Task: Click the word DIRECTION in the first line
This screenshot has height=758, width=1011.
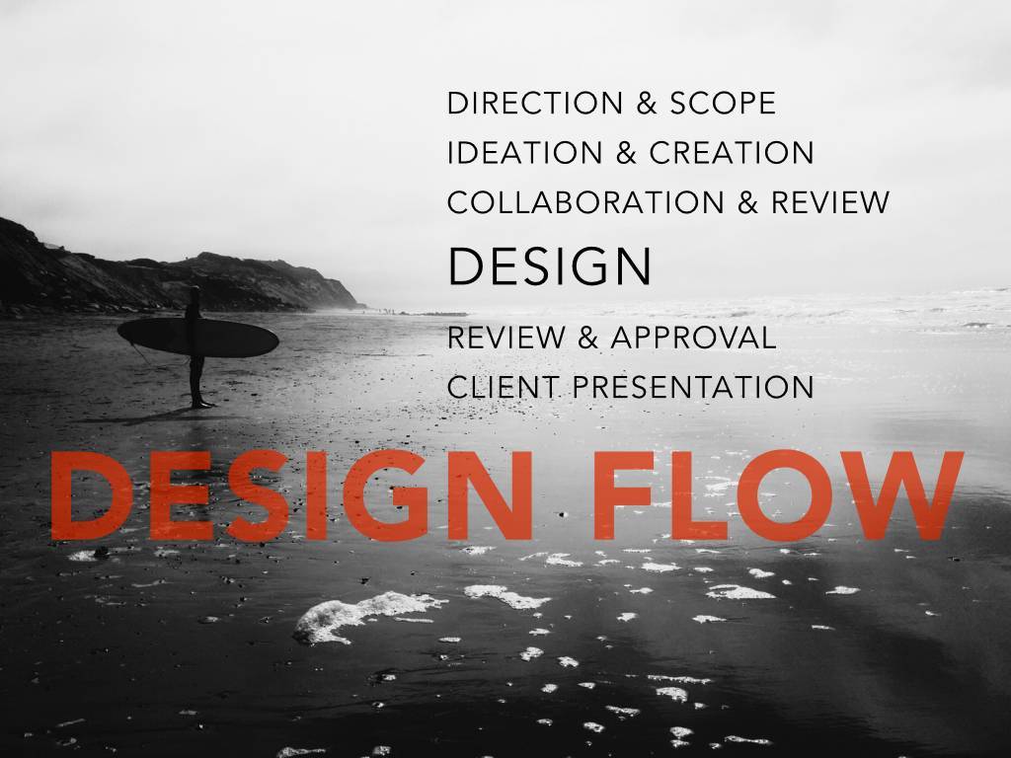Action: click(x=535, y=103)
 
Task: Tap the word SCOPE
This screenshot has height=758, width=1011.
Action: click(x=723, y=103)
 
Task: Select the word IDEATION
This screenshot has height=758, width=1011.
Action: click(x=525, y=153)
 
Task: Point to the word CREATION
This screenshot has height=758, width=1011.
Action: click(x=732, y=153)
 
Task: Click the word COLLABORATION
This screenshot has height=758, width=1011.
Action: click(x=585, y=202)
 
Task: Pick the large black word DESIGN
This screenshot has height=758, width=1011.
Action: click(x=549, y=265)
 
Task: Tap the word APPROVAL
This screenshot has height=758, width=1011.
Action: click(x=693, y=338)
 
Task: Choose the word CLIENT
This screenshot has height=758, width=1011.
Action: click(x=503, y=387)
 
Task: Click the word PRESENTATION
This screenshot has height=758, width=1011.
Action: click(x=693, y=387)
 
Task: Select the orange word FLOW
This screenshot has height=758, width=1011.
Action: click(x=778, y=495)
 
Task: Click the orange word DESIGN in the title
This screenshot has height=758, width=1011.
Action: click(x=291, y=495)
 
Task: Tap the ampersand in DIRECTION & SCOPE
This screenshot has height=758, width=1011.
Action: click(x=647, y=104)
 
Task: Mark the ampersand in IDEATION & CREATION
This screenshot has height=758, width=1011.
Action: click(x=626, y=153)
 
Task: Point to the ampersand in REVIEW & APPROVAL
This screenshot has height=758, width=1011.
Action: click(x=587, y=338)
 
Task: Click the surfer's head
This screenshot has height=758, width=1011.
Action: click(x=194, y=292)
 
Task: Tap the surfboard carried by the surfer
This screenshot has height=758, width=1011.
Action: click(x=197, y=338)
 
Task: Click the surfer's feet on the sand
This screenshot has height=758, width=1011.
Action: click(x=201, y=404)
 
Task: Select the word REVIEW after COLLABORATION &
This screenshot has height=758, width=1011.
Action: click(x=830, y=202)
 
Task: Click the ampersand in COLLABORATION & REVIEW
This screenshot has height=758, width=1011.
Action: click(x=748, y=203)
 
